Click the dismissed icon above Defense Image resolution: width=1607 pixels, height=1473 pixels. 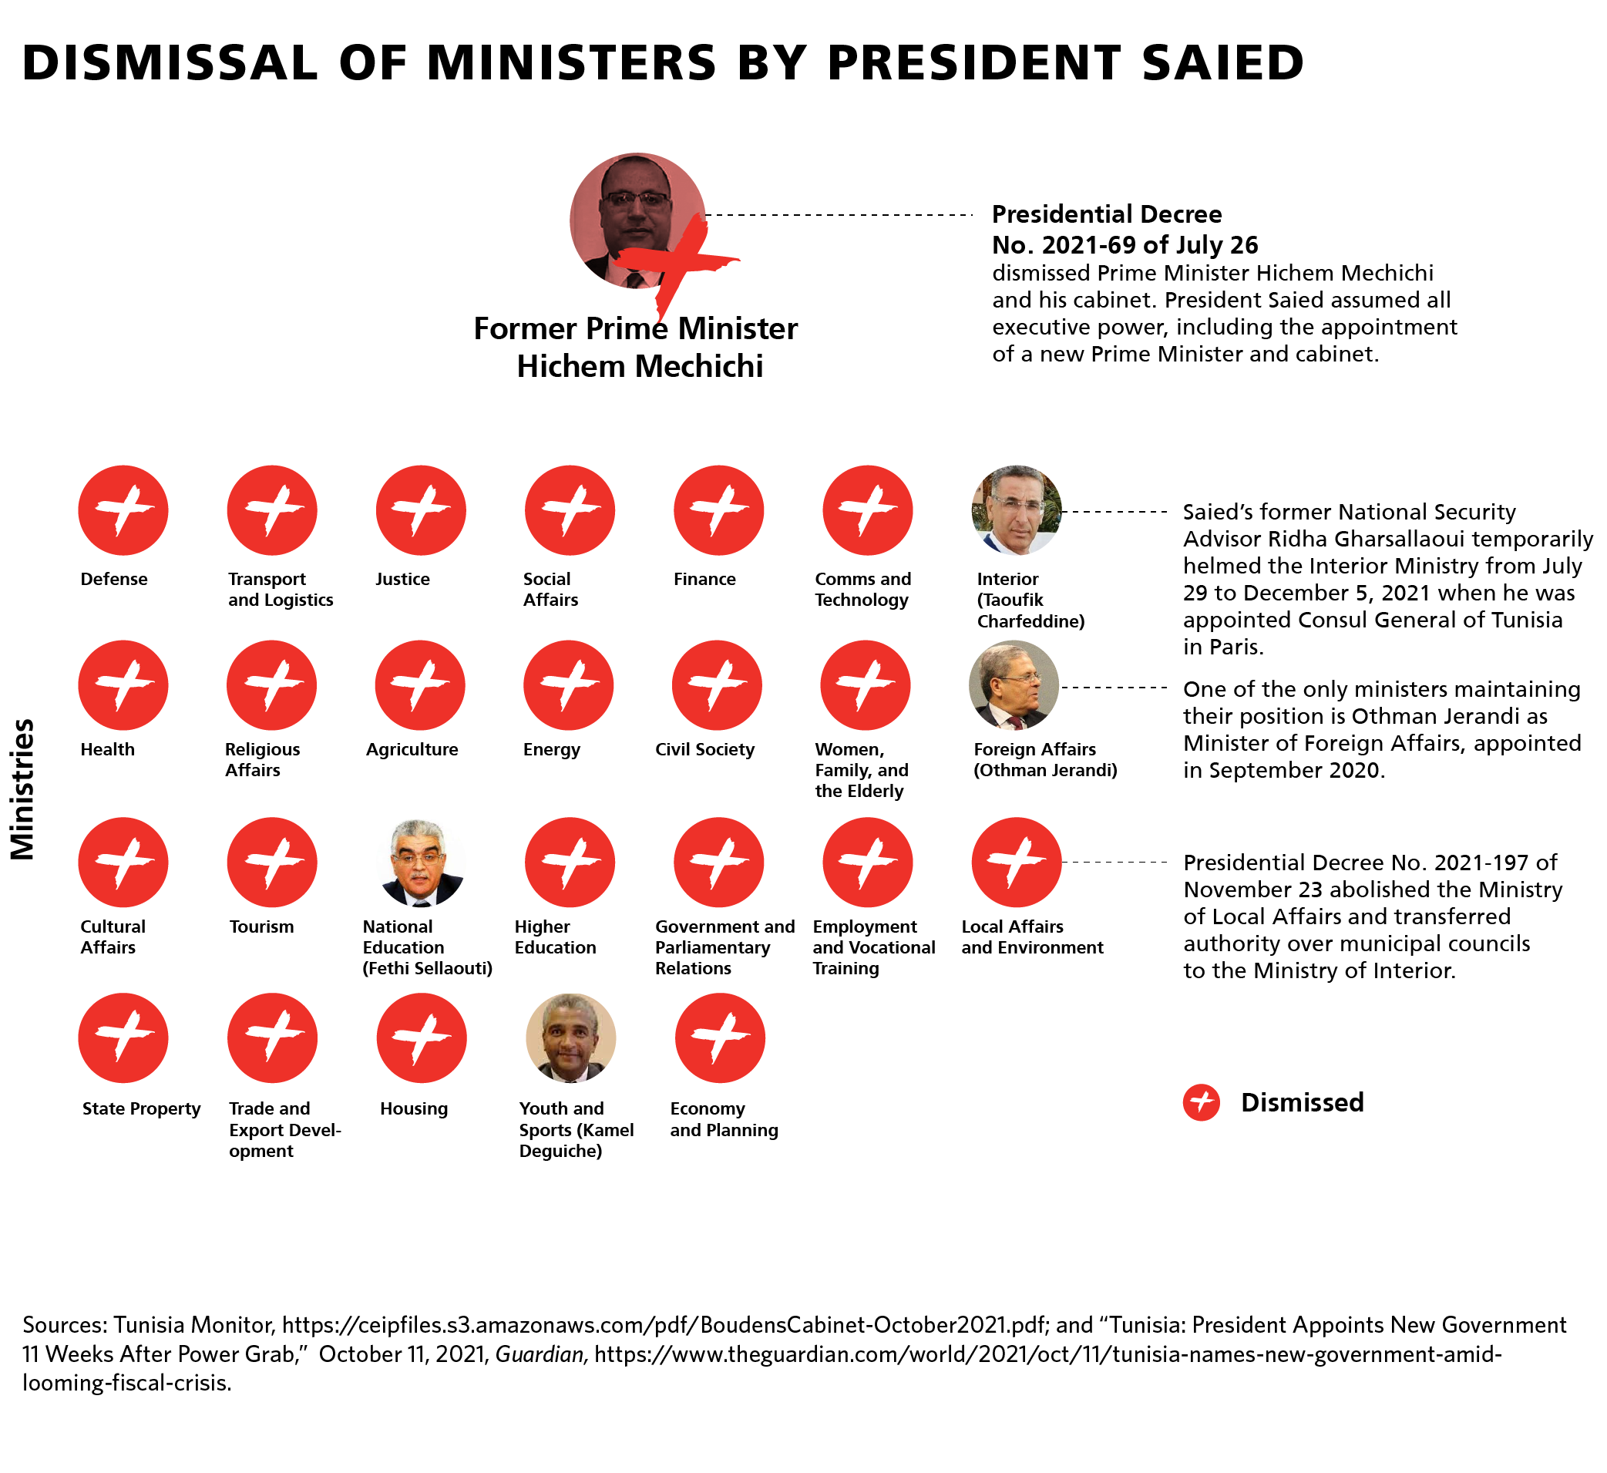coord(123,510)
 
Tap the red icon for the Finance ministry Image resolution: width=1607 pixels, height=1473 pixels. coord(718,510)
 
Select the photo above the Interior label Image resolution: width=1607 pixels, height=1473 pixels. coord(1017,510)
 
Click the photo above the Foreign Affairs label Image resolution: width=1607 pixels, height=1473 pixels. coord(1014,684)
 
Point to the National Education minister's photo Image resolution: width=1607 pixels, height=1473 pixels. coord(420,863)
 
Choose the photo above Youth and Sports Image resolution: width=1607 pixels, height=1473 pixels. coord(571,1037)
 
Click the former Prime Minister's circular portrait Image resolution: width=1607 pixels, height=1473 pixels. coord(637,220)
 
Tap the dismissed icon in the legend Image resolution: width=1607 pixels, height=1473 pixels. coord(1202,1102)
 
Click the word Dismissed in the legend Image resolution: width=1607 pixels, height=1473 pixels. coord(1302,1102)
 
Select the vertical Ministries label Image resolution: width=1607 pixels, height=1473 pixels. coord(23,789)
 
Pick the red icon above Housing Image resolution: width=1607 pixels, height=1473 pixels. coord(422,1037)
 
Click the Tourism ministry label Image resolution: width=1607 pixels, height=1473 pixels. coord(261,927)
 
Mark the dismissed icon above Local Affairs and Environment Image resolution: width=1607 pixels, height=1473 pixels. coord(1017,863)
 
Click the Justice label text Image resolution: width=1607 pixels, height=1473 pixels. coord(402,579)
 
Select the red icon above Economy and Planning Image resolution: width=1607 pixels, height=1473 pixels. coord(720,1037)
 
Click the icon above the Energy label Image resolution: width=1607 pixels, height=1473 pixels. coord(568,684)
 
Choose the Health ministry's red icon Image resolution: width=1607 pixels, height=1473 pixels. coord(123,684)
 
